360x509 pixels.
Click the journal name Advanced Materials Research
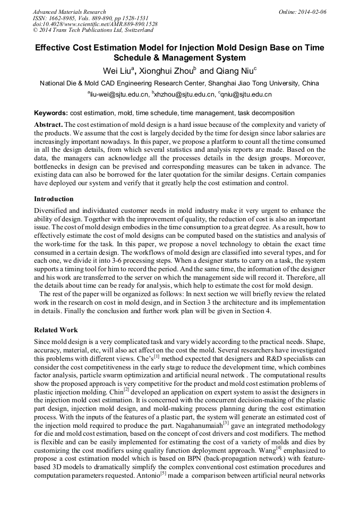tap(69, 12)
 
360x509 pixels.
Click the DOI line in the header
tap(95, 24)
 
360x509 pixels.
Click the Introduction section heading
tap(54, 199)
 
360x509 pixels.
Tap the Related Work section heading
tap(56, 330)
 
